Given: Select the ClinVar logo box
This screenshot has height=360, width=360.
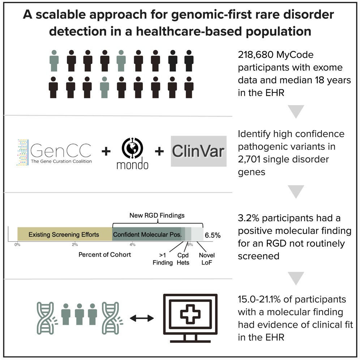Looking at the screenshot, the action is [198, 151].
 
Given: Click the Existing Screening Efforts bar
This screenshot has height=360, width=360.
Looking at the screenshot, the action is [64, 235].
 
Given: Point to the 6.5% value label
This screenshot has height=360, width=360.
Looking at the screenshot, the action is [213, 235].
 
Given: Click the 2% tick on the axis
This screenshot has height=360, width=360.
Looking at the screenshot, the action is [75, 245].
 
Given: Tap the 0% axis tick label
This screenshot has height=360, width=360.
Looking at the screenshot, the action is [17, 245].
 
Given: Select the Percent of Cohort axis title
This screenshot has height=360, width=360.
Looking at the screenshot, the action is [105, 254].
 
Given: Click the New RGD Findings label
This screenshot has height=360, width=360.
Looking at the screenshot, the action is [157, 215].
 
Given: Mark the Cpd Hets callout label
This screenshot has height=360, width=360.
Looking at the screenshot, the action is [183, 259].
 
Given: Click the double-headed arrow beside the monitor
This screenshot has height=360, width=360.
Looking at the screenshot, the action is [142, 318].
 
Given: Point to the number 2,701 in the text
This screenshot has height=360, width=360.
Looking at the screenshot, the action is [249, 159].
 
